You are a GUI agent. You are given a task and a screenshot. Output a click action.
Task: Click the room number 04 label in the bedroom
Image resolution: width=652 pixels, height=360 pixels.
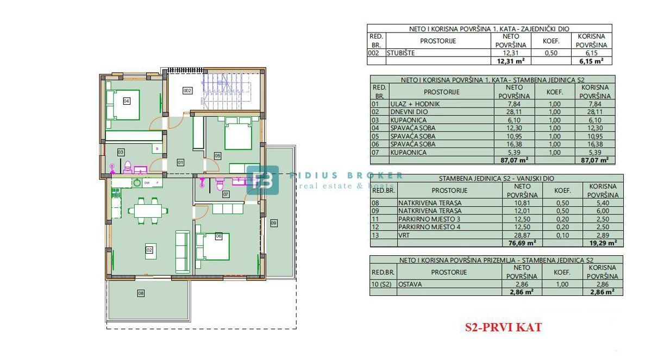(x=126, y=100)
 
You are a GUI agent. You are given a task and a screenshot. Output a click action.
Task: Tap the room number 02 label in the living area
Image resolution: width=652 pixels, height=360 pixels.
(x=148, y=250)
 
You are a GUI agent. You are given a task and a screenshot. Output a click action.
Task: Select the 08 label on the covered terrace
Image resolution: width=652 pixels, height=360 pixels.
(x=141, y=293)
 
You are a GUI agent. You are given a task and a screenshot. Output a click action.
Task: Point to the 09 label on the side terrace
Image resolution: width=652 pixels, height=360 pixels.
(x=274, y=222)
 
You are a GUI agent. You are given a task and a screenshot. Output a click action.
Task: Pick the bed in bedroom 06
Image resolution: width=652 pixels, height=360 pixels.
(x=212, y=246)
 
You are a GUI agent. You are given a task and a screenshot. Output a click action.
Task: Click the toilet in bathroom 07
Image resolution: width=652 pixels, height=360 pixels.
(x=220, y=184)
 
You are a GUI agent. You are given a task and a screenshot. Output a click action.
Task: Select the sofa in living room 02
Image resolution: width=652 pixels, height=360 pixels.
(x=182, y=251)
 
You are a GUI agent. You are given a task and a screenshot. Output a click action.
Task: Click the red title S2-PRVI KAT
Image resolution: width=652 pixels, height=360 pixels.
(x=503, y=327)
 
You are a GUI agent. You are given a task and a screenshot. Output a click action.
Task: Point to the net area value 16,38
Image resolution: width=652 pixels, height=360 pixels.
(x=514, y=144)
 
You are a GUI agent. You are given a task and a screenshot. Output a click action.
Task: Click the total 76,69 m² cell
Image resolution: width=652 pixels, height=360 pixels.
(x=522, y=243)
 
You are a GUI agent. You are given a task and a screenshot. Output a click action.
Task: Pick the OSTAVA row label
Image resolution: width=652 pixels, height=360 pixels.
(x=410, y=284)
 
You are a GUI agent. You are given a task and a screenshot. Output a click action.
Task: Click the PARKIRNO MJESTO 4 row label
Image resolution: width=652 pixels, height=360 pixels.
(x=429, y=227)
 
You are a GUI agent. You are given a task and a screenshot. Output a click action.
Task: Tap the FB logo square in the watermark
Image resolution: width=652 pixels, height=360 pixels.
(x=263, y=180)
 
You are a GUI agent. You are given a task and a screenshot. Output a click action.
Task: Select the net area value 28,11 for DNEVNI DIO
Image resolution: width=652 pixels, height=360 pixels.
(x=514, y=112)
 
